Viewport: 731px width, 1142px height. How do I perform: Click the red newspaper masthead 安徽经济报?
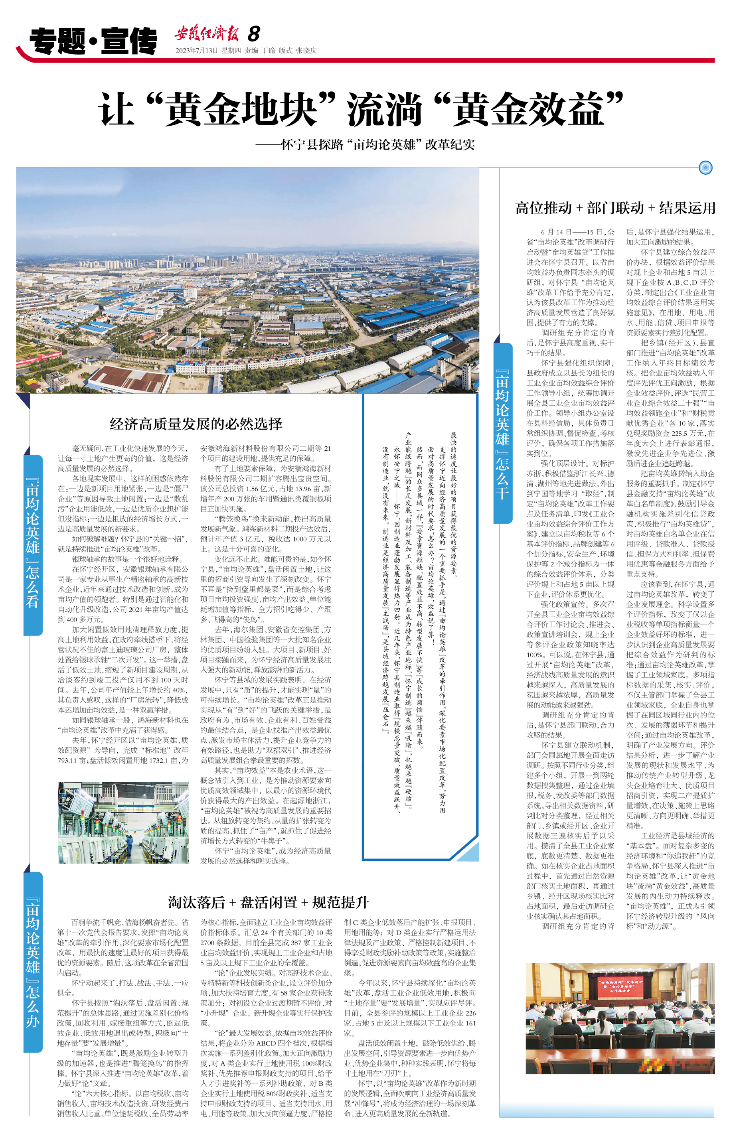(206, 34)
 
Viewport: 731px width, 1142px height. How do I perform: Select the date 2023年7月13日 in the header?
(196, 51)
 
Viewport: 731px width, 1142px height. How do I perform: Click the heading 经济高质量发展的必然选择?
(196, 424)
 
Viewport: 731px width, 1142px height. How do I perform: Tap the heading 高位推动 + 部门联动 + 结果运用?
(615, 208)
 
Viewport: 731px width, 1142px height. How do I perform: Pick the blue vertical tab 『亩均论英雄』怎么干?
(503, 434)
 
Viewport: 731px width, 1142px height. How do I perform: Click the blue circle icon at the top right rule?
(706, 168)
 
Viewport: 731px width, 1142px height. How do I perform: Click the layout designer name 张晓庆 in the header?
(306, 51)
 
